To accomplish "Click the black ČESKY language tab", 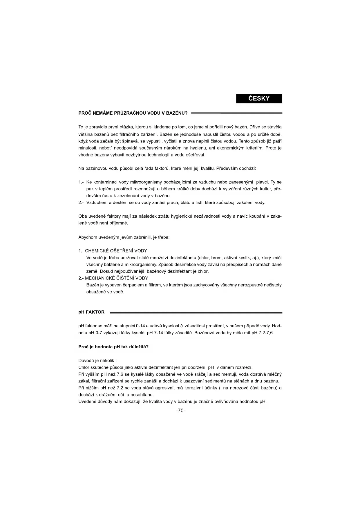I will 259,98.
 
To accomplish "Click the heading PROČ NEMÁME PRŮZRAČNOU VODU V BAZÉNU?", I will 133,113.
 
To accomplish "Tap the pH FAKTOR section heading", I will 91,312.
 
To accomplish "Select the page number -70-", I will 180,411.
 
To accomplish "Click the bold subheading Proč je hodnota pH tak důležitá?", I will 113,347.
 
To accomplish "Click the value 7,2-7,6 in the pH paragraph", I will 266,333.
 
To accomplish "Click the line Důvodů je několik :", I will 97,361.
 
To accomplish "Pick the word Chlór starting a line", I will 84,367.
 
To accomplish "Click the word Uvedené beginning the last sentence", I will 87,402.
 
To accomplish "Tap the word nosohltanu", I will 142,395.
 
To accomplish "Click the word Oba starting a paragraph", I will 83,216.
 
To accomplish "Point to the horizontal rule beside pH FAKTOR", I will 196,313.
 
